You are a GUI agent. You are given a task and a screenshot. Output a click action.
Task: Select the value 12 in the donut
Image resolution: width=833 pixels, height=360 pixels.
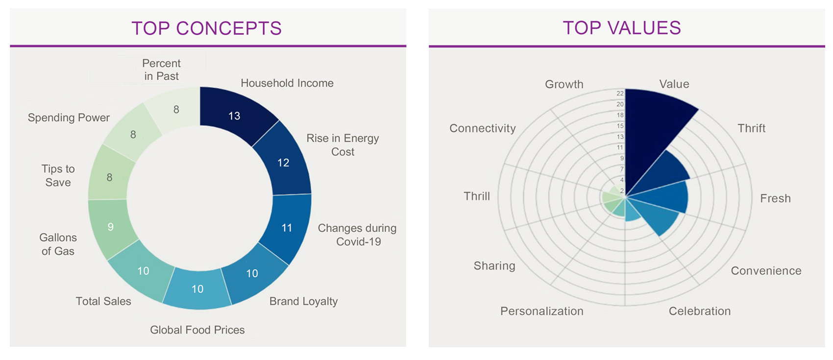(x=283, y=163)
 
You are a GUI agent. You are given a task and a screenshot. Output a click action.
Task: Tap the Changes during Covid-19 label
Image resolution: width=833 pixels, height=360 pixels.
(x=357, y=235)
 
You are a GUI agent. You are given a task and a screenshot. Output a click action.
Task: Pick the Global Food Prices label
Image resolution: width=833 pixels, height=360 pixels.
(x=197, y=330)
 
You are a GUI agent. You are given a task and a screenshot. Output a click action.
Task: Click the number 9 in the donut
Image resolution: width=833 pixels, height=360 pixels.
(x=111, y=227)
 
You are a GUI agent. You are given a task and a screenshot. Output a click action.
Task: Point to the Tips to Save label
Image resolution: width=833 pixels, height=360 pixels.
(x=58, y=175)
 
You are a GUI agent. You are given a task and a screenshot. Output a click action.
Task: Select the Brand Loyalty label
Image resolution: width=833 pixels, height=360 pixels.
(x=303, y=301)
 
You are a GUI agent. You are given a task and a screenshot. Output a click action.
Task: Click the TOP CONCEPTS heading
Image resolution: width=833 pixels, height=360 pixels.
(x=206, y=28)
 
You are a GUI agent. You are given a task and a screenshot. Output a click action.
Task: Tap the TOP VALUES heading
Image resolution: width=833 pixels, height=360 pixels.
(x=621, y=28)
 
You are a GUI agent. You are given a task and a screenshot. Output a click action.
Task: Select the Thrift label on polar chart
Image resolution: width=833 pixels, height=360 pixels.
(x=751, y=128)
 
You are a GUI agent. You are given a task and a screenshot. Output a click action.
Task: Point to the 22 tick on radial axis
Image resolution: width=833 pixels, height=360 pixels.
(x=620, y=93)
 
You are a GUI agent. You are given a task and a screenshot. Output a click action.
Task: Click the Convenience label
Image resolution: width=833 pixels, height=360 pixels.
(x=766, y=271)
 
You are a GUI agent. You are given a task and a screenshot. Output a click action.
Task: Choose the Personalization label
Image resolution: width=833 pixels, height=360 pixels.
(x=541, y=311)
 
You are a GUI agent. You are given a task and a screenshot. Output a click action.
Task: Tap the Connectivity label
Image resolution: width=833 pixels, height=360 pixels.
(x=482, y=128)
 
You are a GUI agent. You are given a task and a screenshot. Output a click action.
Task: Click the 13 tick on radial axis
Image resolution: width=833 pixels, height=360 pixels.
(x=620, y=137)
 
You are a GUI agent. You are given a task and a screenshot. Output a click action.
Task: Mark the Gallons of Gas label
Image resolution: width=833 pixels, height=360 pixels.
(x=58, y=244)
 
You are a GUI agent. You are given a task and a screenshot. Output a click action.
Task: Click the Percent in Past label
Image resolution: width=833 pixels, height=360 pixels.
(x=161, y=70)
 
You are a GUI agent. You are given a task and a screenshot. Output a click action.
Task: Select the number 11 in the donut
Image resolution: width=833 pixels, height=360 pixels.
(x=287, y=228)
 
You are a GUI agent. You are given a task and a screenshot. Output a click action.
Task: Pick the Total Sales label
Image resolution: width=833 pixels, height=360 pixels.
(x=103, y=301)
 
